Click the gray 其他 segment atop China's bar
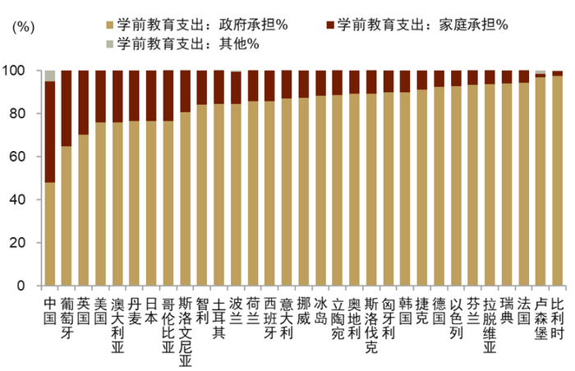click(50, 76)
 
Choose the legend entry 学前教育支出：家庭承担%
click(418, 25)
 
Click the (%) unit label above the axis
click(25, 26)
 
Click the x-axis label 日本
click(151, 309)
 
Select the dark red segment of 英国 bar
click(84, 103)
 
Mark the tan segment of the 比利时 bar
click(557, 181)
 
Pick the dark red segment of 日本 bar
click(151, 96)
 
